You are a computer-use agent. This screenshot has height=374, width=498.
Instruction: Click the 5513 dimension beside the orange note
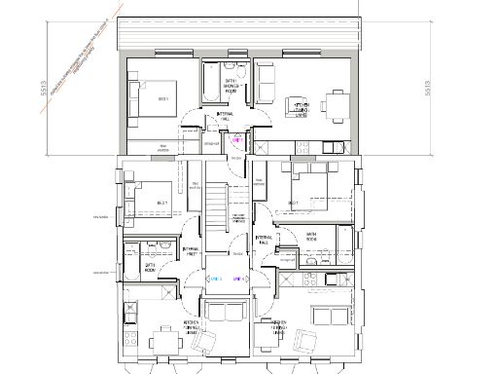point(44,90)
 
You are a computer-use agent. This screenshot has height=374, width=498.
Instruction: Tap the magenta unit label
point(234,139)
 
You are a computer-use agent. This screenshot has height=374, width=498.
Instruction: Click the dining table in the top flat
point(335,102)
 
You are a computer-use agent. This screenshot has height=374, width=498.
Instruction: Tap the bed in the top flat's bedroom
point(155,99)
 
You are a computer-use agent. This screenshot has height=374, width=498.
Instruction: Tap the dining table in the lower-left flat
point(159,340)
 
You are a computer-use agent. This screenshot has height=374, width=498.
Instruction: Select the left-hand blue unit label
point(216,279)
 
